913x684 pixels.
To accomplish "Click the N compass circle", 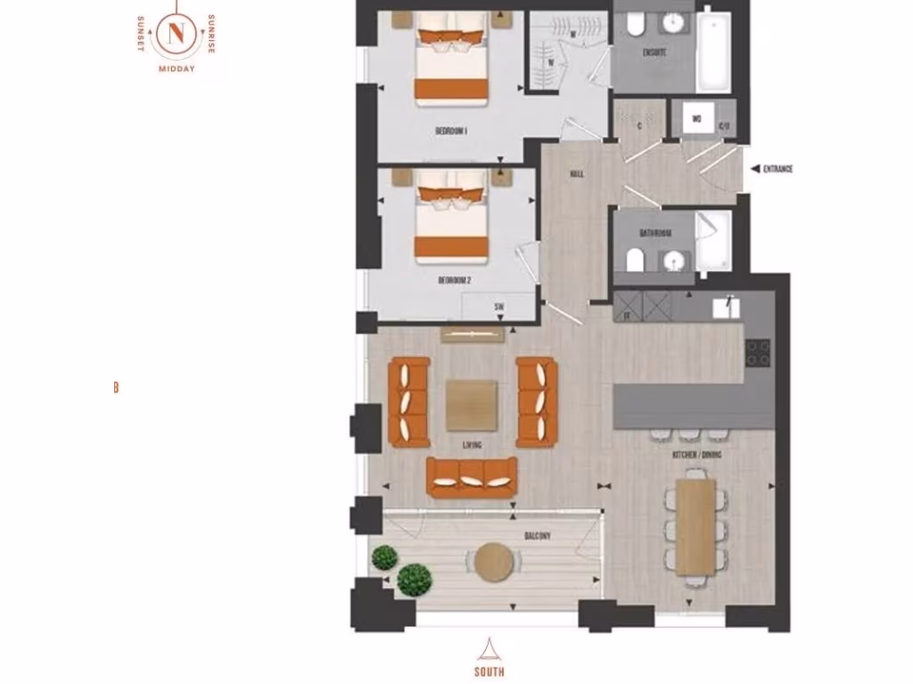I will coord(176,34).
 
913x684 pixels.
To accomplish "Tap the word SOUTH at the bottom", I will coord(489,672).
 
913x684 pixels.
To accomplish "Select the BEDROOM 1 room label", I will coord(451,131).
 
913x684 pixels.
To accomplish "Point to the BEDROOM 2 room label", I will coord(454,280).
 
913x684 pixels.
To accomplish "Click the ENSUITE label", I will coord(654,53).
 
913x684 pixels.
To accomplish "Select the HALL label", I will coord(576,174).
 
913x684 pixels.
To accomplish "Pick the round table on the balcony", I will coord(494,562).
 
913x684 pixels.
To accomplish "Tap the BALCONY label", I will coord(538,536).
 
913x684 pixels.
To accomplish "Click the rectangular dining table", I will coord(695,525).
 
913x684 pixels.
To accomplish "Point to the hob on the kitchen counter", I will coord(758,353).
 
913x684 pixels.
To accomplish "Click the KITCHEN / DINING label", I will coord(696,455).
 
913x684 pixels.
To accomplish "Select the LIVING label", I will coord(473,444).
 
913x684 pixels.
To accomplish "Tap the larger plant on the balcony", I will coord(414,579).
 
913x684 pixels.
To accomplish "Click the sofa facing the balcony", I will coord(472,476).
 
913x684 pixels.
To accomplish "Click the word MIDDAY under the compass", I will coord(176,69).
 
